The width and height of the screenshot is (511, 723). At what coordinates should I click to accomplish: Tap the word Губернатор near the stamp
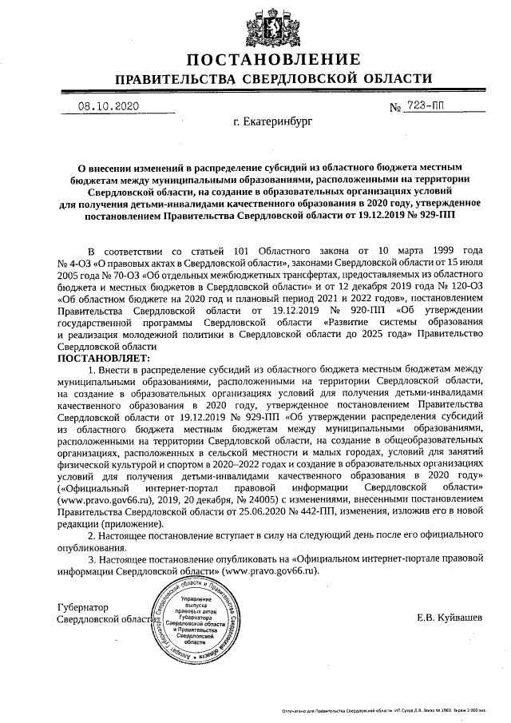pos(83,608)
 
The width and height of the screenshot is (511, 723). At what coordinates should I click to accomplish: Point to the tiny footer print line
pos(383,709)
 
